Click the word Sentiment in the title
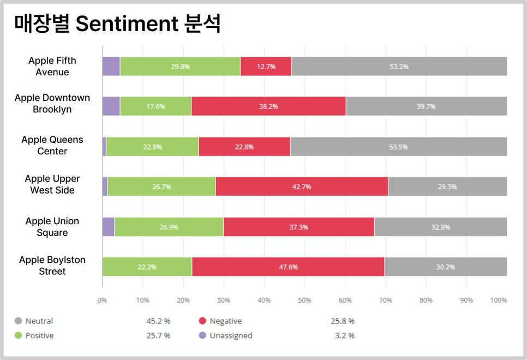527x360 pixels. coord(127,25)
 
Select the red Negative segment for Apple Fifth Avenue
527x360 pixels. coord(266,67)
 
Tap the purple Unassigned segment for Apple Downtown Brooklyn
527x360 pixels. coord(111,106)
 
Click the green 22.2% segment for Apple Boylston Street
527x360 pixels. coord(147,267)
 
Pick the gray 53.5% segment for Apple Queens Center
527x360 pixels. coord(398,147)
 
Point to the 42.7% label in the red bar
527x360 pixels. coord(301,187)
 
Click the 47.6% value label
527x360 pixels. coord(288,267)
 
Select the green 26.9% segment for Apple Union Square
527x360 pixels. coord(169,227)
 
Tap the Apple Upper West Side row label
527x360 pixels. coord(52,184)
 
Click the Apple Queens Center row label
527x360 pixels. coord(52,145)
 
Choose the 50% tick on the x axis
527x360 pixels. coord(304,301)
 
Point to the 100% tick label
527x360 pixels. coord(499,301)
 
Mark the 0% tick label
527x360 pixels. coord(102,301)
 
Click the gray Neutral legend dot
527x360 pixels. coord(18,321)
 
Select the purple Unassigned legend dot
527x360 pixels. coord(202,335)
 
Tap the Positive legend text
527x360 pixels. coord(39,335)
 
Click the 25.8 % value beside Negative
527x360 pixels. coord(343,321)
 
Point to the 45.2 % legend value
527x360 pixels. coord(158,321)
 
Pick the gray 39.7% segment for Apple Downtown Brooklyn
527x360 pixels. coord(426,106)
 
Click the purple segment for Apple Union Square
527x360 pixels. coord(108,227)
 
